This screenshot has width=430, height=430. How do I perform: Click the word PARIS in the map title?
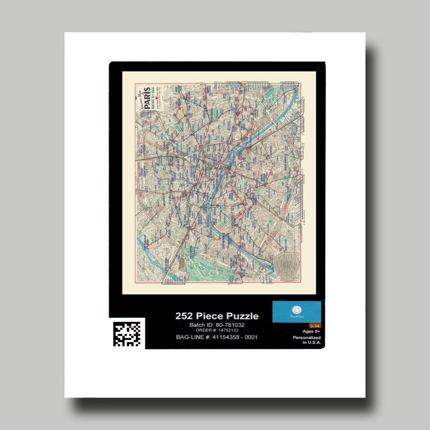point(147,98)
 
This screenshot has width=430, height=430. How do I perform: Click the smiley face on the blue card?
point(297,309)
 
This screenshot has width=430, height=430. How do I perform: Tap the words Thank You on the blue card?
point(297,317)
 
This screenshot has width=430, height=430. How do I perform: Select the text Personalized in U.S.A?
point(307,340)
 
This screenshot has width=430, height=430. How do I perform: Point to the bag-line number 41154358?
point(224,337)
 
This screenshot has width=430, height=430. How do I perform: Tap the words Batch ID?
point(200,325)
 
